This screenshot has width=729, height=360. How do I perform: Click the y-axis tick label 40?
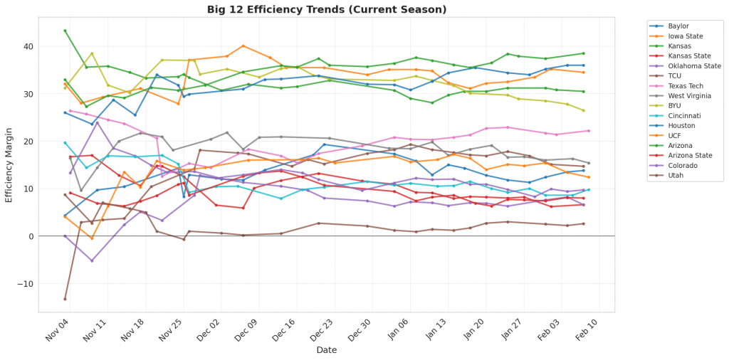click(28, 46)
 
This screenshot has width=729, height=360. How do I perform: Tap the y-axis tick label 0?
click(31, 236)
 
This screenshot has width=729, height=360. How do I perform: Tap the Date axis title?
click(327, 350)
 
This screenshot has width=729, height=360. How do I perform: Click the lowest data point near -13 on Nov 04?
click(65, 299)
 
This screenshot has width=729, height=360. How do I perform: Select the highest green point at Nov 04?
click(65, 31)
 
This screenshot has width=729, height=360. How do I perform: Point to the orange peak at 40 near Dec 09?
click(243, 46)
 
